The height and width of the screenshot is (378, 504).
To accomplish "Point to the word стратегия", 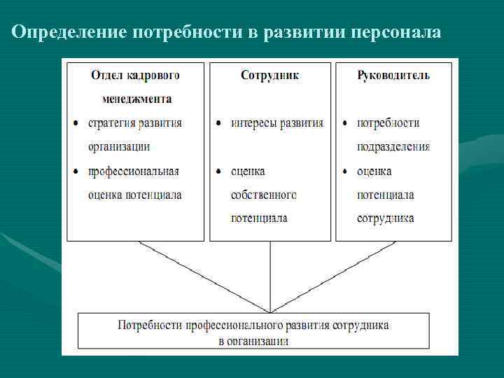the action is tap(111, 123).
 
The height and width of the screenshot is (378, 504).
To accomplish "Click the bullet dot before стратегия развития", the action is tap(76, 124).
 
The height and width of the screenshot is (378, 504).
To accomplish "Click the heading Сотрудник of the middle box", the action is tap(269, 75).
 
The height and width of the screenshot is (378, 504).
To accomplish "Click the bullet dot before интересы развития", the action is tap(219, 124).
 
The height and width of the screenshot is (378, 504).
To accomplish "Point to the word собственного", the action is tap(264, 195).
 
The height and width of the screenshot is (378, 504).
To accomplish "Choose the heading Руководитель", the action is tap(393, 75).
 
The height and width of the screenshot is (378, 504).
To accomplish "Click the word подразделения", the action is tap(393, 147).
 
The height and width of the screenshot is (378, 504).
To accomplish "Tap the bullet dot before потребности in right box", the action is tap(345, 124).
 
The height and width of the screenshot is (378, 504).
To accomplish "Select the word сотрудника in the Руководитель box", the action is tap(385, 218).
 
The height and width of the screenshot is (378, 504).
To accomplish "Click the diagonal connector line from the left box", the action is tap(203, 276).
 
